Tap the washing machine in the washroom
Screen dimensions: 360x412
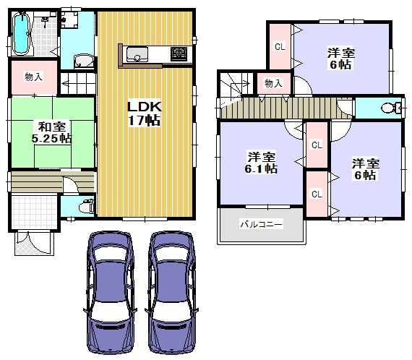coord(71,22)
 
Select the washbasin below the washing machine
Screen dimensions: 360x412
coord(84,61)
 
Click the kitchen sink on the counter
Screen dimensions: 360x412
coord(137,52)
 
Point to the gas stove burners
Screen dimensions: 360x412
coord(179,52)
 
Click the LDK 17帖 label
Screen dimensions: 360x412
coord(145,113)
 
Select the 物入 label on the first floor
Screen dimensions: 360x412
coord(33,77)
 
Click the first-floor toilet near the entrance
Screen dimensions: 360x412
coord(85,204)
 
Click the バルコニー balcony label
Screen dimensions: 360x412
coord(262,224)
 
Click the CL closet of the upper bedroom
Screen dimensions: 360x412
coord(278,47)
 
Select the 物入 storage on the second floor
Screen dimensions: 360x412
coord(273,84)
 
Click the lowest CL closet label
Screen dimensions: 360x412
coord(316,194)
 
